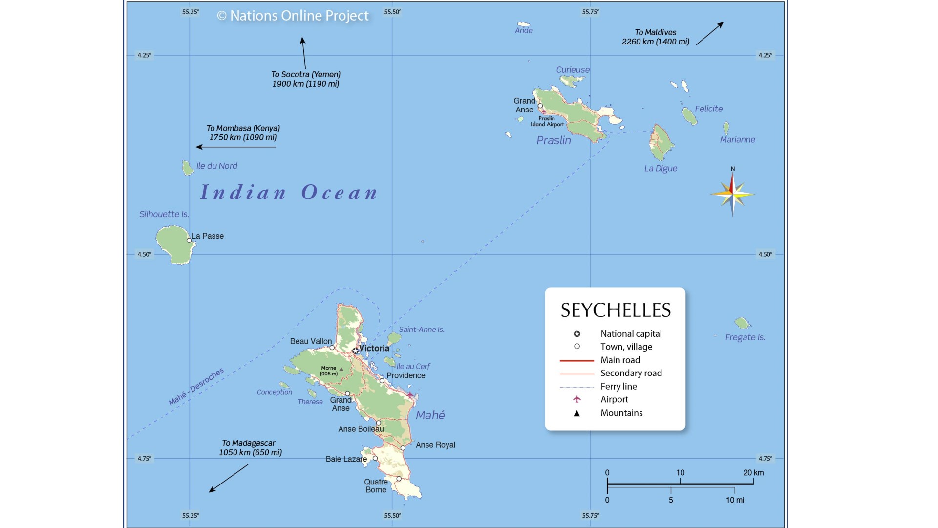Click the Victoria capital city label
pos(374,348)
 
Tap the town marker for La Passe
pos(189,241)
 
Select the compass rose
pos(732,194)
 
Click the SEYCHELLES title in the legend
pos(616,310)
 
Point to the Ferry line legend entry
pos(618,386)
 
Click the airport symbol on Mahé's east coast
pos(410,394)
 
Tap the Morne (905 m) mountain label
pos(329,371)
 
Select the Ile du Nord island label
pos(216,166)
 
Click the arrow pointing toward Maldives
pos(709,33)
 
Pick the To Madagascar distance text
pos(250,448)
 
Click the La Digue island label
pos(661,168)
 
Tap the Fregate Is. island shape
pos(742,323)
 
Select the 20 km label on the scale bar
pos(753,473)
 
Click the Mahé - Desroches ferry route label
pos(196,387)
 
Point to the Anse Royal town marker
pos(403,448)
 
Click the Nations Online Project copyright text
pos(293,16)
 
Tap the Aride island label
pos(523,30)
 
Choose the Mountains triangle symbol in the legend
pos(576,413)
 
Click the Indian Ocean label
pos(289,192)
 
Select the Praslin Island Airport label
pos(547,121)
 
